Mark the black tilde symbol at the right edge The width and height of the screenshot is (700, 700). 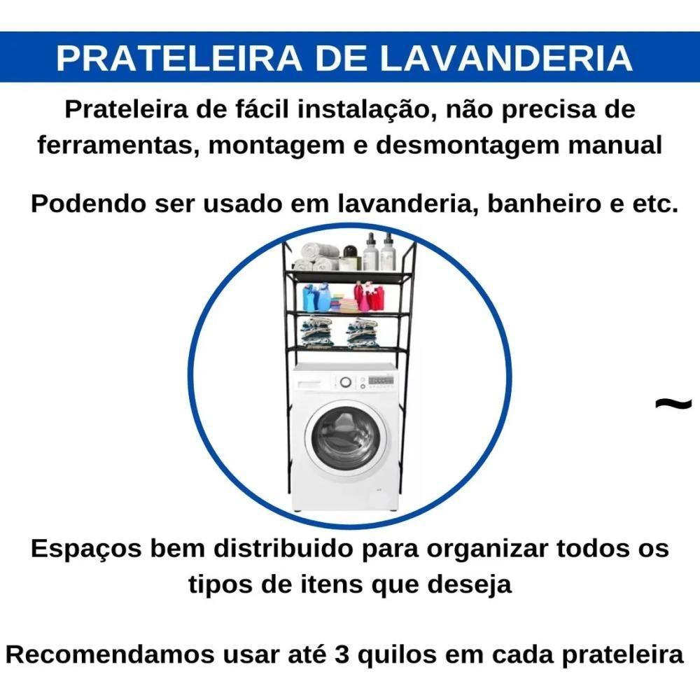[x=674, y=404]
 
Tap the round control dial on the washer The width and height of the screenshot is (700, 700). [x=344, y=382]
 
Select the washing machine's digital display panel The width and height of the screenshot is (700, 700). [x=379, y=381]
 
